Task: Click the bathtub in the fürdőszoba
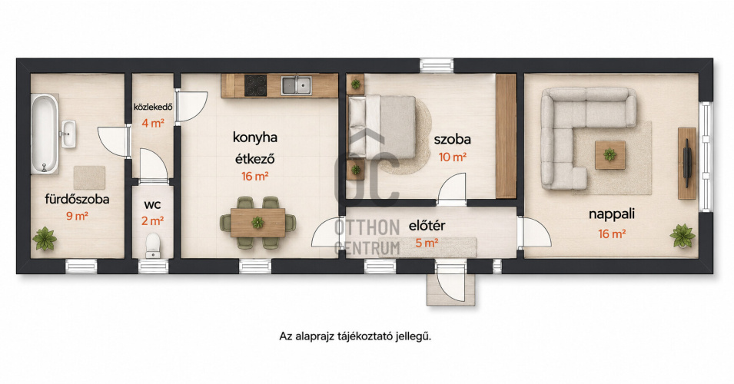click(45, 134)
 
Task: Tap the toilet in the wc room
click(153, 246)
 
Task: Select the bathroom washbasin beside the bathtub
click(68, 134)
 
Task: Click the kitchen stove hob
click(256, 85)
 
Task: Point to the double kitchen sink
click(297, 85)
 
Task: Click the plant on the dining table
click(257, 222)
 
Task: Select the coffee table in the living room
click(610, 155)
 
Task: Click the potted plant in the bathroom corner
click(45, 239)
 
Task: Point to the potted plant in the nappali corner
click(683, 236)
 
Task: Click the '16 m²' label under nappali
click(612, 233)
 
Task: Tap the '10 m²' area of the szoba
click(452, 157)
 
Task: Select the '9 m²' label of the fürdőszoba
click(77, 216)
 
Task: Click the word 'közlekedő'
click(153, 107)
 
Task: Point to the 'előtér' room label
click(427, 226)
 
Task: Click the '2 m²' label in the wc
click(153, 220)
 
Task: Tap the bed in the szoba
click(381, 127)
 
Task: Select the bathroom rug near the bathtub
click(89, 177)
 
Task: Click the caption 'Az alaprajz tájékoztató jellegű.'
click(355, 336)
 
